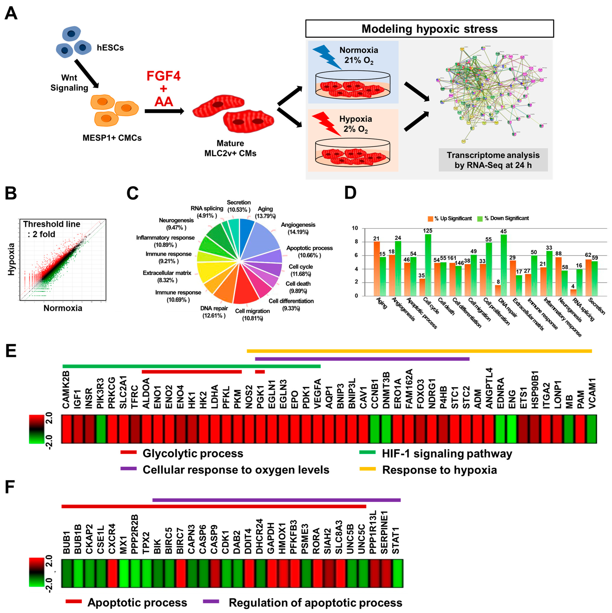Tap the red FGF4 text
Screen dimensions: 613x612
point(163,76)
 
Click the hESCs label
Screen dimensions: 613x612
point(110,48)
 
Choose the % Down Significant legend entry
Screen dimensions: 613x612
point(503,218)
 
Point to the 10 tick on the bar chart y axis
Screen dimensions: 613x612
point(355,228)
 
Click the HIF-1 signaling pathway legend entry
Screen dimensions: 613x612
point(447,454)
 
